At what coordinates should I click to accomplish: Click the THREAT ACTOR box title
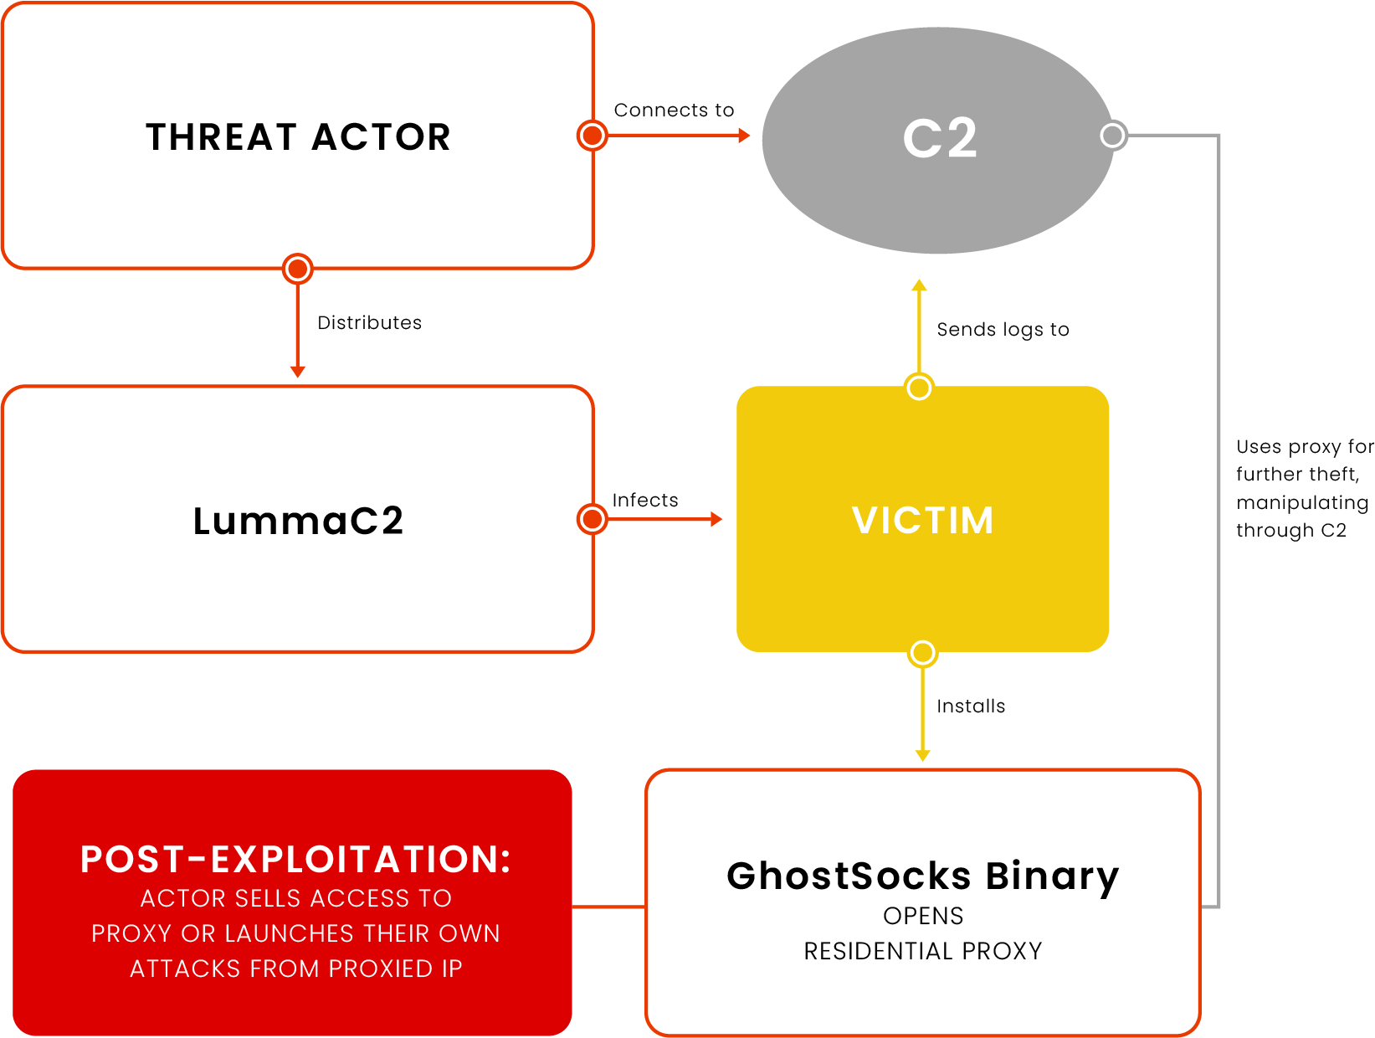point(298,137)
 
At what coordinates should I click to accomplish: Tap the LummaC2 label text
point(298,521)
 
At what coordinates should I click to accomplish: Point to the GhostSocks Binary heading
point(922,876)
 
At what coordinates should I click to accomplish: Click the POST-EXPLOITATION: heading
point(295,860)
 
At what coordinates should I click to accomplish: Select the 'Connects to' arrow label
point(674,110)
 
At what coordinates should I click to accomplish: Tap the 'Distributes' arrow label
point(369,323)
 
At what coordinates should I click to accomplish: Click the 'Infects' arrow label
point(644,501)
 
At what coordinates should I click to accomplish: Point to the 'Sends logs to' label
point(1003,330)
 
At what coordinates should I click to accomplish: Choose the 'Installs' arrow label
point(971,707)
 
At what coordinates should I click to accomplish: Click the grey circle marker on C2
point(1113,135)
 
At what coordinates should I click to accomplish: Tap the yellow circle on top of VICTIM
point(919,388)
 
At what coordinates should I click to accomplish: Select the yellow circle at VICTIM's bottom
point(922,653)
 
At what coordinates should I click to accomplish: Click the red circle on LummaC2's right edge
point(593,519)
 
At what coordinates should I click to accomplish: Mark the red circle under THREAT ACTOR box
point(297,269)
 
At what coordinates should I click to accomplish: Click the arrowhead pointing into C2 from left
point(744,135)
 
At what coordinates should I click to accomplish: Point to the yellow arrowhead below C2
point(919,285)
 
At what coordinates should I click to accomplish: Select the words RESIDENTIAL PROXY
point(922,952)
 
